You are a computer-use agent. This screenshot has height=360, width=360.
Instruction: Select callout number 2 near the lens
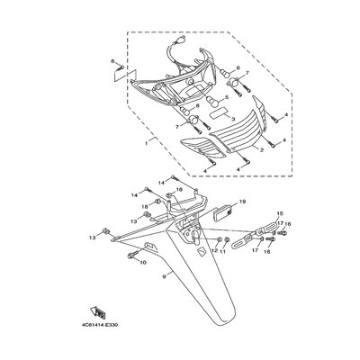tap(236, 153)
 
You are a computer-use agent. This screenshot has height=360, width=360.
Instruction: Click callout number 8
tap(112, 60)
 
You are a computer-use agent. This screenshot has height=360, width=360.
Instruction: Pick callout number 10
tap(142, 263)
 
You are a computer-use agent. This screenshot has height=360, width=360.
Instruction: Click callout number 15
tap(280, 214)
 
